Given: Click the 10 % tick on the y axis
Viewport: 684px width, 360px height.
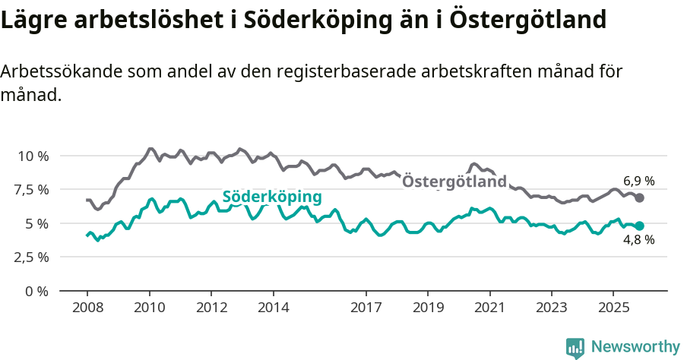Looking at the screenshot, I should tap(33, 156).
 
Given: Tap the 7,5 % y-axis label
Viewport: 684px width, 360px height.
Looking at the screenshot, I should tap(33, 189).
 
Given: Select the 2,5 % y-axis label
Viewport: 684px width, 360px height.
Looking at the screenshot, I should tap(33, 257).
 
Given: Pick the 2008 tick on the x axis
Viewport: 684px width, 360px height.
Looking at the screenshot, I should tap(87, 308).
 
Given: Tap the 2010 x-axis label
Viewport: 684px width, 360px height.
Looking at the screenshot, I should tap(149, 308).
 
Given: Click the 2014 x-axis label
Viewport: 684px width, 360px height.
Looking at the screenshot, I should tap(273, 308).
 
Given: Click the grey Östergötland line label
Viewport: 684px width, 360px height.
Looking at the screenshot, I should tap(454, 182).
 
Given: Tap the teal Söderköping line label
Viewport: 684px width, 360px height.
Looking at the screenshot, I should tap(271, 197).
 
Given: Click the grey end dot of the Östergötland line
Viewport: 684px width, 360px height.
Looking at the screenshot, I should tap(640, 197).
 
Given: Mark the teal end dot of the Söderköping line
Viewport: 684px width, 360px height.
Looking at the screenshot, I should tap(640, 226).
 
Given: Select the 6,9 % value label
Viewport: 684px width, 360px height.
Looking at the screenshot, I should tap(638, 181).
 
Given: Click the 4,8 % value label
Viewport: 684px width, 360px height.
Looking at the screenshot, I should tap(638, 241).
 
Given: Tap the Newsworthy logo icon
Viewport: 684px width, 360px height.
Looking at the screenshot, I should tap(575, 348).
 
